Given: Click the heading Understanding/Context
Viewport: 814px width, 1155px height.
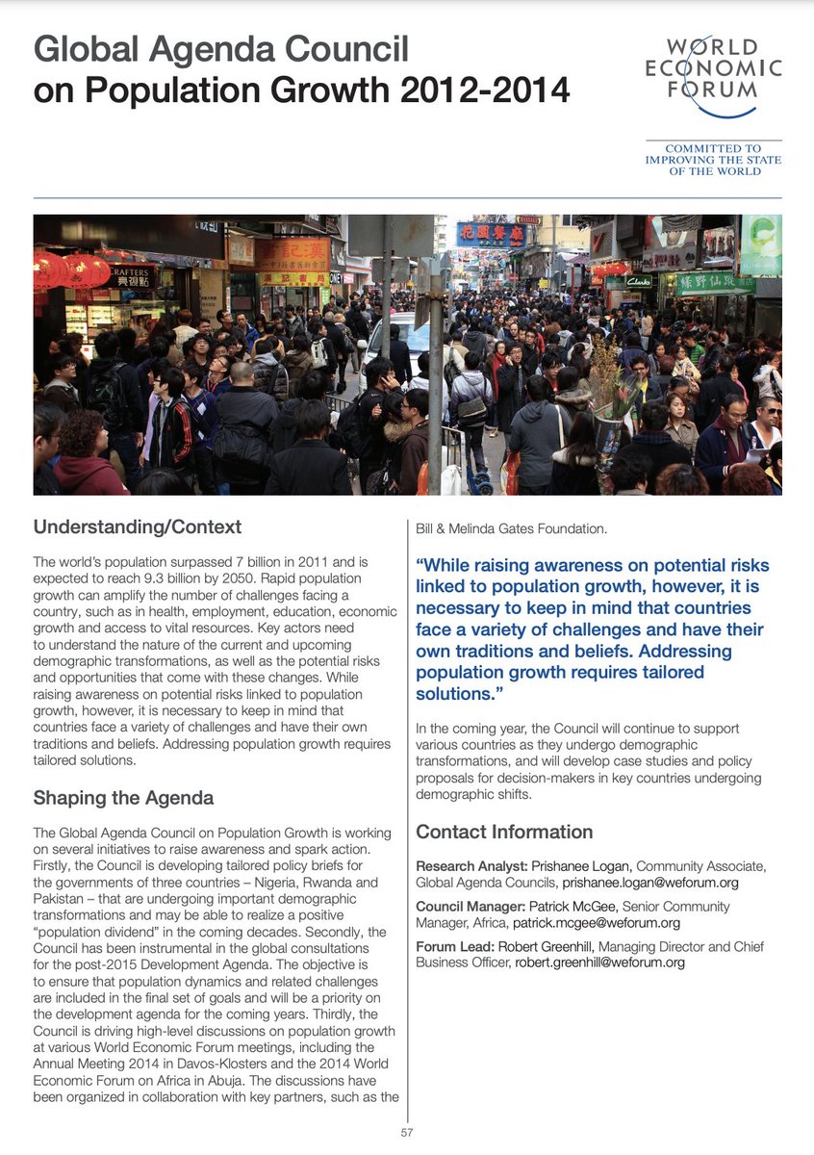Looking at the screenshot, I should tap(138, 527).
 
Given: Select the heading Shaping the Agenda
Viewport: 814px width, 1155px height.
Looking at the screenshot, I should tap(123, 798).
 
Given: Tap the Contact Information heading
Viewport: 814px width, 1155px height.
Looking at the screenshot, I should tap(504, 832).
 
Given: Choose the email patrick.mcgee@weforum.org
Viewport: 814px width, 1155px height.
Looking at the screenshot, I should tap(597, 923).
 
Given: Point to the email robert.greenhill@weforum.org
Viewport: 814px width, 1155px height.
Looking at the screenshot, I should tap(599, 962).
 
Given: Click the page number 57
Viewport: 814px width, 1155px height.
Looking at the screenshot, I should tap(407, 1133).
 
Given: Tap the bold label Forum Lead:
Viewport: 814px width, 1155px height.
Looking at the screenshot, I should tap(454, 947).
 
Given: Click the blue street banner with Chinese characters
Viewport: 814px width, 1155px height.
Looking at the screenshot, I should tap(491, 235).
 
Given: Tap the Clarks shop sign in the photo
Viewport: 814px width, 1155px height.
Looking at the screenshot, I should tap(639, 281).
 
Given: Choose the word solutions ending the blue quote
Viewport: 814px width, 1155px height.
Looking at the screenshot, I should tap(452, 693).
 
